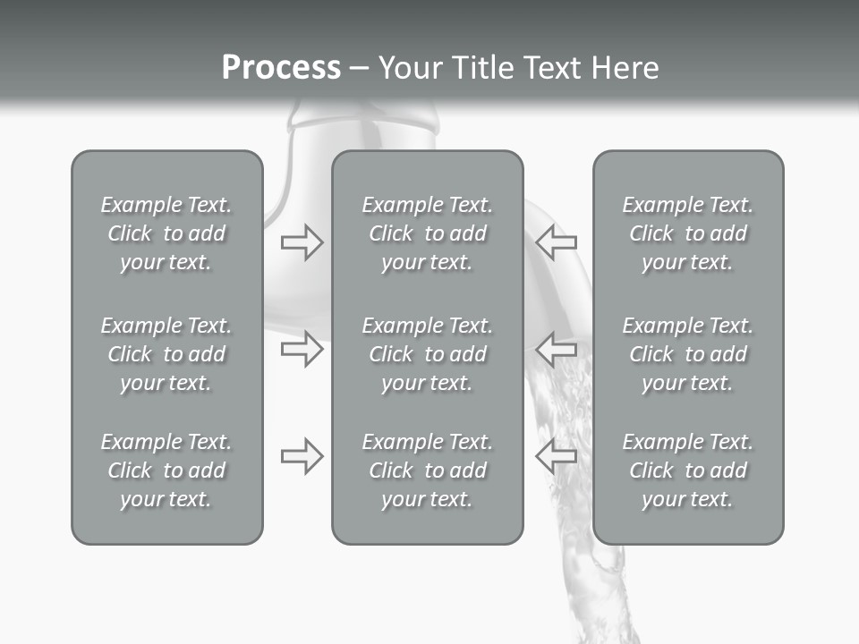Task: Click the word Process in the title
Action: [281, 68]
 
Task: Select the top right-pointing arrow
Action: [302, 241]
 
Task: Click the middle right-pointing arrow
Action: [302, 348]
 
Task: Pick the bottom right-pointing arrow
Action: [302, 456]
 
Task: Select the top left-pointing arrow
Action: [556, 241]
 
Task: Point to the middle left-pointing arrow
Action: [556, 348]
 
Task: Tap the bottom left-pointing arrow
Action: [556, 456]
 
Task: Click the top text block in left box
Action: [166, 233]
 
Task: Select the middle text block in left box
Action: [166, 354]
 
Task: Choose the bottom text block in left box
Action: [166, 470]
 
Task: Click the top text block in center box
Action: [427, 233]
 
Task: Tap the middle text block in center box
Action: [427, 354]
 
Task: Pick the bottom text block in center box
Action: [427, 470]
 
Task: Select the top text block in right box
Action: [688, 233]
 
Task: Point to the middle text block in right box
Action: [688, 354]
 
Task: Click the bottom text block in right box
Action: [688, 470]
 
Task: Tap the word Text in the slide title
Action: [553, 68]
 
